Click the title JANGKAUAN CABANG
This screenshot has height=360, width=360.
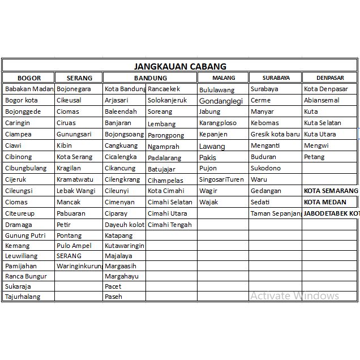coord(180,66)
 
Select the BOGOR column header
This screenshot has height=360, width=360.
coord(29,78)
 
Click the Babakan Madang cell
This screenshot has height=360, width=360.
coord(29,89)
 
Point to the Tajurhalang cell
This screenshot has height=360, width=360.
coord(23,296)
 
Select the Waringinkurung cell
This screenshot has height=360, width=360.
coord(79,265)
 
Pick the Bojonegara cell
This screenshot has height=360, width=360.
coord(74,89)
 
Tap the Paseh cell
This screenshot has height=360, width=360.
coord(113,296)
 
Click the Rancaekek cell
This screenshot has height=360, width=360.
coord(164,89)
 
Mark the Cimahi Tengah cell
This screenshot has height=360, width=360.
coord(169,225)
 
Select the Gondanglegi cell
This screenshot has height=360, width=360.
coord(221,101)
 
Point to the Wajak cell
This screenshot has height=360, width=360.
coord(209,202)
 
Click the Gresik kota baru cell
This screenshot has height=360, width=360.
coord(275,134)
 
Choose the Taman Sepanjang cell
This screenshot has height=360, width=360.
coord(276,213)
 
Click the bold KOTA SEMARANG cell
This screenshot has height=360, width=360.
coord(331,191)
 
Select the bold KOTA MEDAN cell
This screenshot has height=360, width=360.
coord(325,202)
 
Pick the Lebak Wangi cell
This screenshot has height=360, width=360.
coord(76,191)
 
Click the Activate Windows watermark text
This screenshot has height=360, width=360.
coord(295,295)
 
